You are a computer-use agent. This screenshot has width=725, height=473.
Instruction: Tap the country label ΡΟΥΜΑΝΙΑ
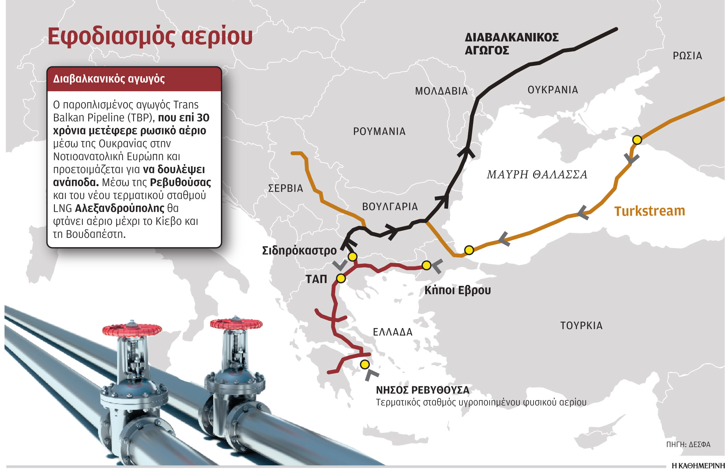click(x=379, y=132)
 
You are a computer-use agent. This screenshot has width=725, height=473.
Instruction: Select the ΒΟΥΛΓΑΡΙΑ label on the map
click(x=390, y=206)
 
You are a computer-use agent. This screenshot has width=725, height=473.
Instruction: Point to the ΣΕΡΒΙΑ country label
click(x=285, y=188)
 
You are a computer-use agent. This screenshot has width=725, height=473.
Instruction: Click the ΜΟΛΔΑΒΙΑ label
click(x=441, y=91)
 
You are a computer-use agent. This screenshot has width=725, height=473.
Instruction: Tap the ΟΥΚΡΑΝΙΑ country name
click(x=553, y=90)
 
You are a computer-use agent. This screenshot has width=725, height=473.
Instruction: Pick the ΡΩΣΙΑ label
click(x=687, y=56)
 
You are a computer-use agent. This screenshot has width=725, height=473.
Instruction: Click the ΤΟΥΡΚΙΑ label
click(x=581, y=326)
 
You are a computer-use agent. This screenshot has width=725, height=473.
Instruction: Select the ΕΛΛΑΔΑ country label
click(x=393, y=332)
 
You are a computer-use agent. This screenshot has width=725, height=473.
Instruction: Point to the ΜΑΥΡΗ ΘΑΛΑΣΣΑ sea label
click(x=537, y=174)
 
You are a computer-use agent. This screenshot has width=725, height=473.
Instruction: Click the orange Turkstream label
click(x=650, y=211)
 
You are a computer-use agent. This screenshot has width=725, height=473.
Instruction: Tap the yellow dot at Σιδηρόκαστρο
click(x=352, y=257)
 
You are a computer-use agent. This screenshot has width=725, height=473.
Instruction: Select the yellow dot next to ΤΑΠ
click(x=341, y=279)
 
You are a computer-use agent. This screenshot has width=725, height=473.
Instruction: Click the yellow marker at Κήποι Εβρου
click(x=427, y=265)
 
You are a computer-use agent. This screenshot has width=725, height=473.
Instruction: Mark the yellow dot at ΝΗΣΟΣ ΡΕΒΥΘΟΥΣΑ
click(x=365, y=364)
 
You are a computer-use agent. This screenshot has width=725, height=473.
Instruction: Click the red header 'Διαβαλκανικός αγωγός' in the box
click(x=109, y=79)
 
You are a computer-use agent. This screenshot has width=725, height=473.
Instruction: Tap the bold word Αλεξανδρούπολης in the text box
click(x=120, y=208)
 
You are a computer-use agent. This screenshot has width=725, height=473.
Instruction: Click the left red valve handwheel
click(x=132, y=330)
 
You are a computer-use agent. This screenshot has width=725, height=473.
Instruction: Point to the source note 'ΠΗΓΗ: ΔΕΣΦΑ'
click(x=688, y=444)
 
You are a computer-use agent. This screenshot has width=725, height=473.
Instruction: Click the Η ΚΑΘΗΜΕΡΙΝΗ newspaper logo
click(x=698, y=466)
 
